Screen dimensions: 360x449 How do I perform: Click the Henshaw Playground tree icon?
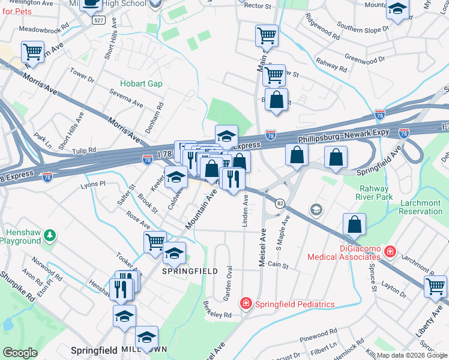click(50, 233)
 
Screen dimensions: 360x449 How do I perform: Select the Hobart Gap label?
click(141, 83)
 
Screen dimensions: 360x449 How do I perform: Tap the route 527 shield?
click(99, 20)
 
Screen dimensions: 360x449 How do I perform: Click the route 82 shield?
click(280, 204)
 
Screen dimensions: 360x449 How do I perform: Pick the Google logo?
click(20, 353)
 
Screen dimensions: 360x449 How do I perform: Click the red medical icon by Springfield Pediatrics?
click(246, 304)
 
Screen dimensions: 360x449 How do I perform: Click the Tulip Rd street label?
click(84, 150)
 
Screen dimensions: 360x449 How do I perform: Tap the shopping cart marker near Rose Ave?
click(155, 242)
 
